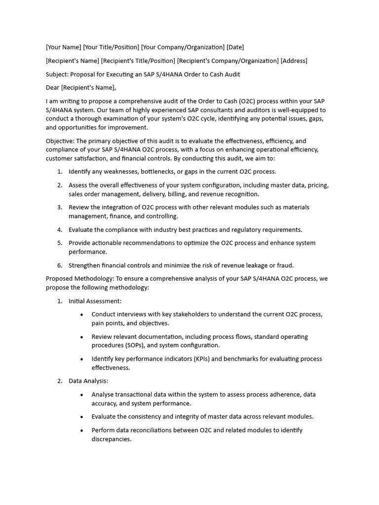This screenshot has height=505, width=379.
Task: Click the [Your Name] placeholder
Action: pos(64,47)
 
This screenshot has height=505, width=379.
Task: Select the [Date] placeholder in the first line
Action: pos(235,47)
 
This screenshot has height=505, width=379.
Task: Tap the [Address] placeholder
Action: pos(294,61)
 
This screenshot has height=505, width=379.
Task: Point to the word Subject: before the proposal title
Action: pos(57,74)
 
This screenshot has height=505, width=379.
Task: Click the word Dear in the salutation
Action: pos(53,88)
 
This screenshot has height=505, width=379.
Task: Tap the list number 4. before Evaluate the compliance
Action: pos(60,230)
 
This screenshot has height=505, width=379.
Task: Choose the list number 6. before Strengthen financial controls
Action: pos(60,265)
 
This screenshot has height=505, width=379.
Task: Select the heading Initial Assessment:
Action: pos(95,301)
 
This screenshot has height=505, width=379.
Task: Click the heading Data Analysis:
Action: pos(88,381)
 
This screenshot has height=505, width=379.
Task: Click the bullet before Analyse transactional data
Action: pos(81,395)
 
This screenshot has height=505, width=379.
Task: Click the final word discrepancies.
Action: pos(111,439)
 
